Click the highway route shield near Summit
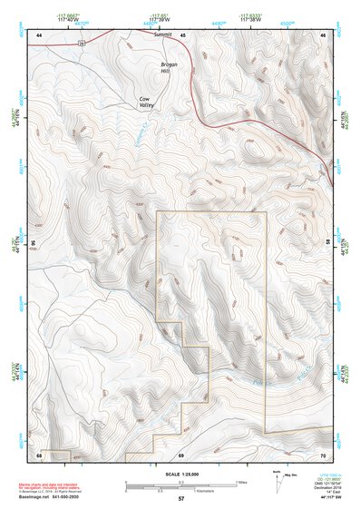point(82,42)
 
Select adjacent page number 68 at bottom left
point(39,454)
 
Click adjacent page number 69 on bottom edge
point(181,454)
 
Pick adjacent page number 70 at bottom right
point(323,454)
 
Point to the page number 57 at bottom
point(181,500)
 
